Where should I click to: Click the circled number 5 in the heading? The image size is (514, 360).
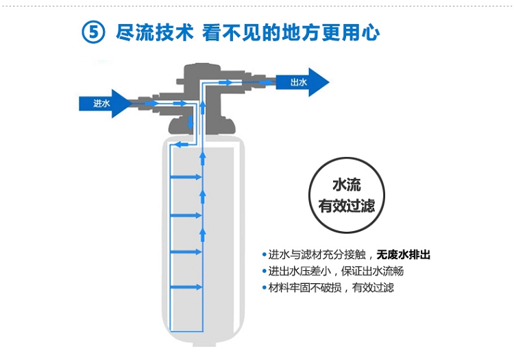(93, 32)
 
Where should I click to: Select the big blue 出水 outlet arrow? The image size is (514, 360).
(302, 82)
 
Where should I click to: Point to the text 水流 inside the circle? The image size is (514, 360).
(347, 185)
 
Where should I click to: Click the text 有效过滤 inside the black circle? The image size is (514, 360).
(347, 206)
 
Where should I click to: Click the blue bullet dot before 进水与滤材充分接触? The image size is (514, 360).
(265, 254)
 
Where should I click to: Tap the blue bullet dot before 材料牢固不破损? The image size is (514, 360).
(265, 287)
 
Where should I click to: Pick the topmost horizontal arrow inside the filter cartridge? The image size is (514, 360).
(186, 177)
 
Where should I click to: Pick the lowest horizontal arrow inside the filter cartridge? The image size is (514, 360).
(186, 288)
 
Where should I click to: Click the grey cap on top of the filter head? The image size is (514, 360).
(199, 71)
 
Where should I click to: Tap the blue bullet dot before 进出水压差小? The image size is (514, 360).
(265, 271)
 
